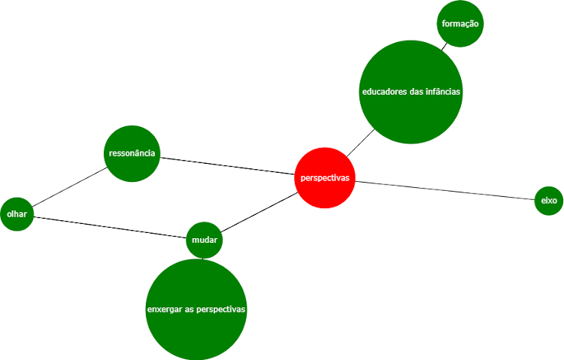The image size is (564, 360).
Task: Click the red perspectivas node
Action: (x=325, y=178)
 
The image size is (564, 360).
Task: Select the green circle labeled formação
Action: (x=459, y=24)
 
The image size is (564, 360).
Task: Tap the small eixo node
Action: (x=548, y=201)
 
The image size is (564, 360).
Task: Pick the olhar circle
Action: (x=17, y=214)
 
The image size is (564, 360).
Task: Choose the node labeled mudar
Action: (x=204, y=241)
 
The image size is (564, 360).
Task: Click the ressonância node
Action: (x=132, y=153)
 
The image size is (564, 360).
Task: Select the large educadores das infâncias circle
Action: (x=411, y=92)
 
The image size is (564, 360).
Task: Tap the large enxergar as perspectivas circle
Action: (x=196, y=310)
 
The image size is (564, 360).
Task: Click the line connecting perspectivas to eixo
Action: (x=444, y=190)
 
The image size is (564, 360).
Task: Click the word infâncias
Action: (x=441, y=92)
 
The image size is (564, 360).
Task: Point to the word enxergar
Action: (x=165, y=310)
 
